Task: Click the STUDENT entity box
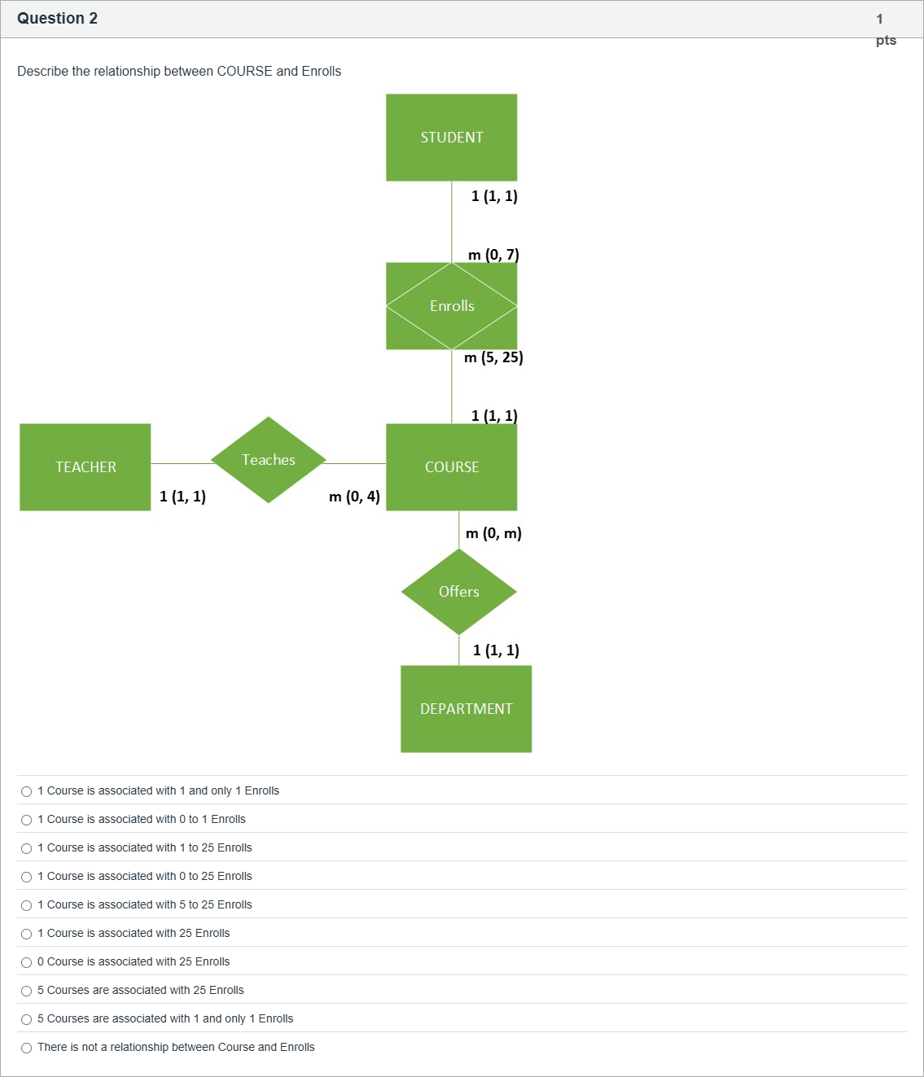451,138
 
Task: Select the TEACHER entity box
85,466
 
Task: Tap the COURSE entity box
451,466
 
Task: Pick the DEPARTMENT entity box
466,708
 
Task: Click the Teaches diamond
269,460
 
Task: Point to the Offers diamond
458,592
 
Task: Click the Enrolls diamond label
452,306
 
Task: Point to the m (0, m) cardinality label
493,533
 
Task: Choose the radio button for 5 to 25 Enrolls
27,905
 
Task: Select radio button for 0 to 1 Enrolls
27,820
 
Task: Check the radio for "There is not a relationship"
27,1048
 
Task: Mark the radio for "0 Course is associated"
27,962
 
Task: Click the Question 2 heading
57,18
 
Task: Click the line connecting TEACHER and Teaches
182,463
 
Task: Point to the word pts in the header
886,40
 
